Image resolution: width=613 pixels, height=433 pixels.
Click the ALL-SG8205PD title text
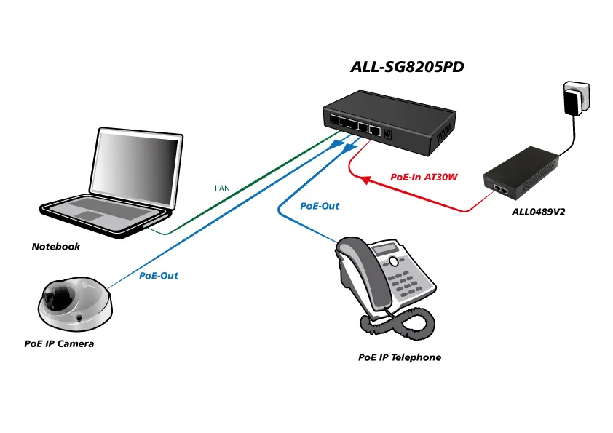click(407, 67)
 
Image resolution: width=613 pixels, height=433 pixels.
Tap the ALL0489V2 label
click(539, 212)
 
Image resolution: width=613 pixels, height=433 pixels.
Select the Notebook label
click(55, 247)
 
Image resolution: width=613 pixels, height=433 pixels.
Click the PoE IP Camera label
click(59, 343)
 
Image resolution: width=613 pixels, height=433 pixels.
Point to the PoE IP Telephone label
click(400, 357)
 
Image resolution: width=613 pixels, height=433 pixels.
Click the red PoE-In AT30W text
click(424, 177)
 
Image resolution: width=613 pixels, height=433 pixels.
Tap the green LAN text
click(222, 188)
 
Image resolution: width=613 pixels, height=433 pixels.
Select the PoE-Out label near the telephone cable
click(320, 206)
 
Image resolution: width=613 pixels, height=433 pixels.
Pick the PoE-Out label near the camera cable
click(159, 276)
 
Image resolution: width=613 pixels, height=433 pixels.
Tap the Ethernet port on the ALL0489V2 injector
click(500, 188)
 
